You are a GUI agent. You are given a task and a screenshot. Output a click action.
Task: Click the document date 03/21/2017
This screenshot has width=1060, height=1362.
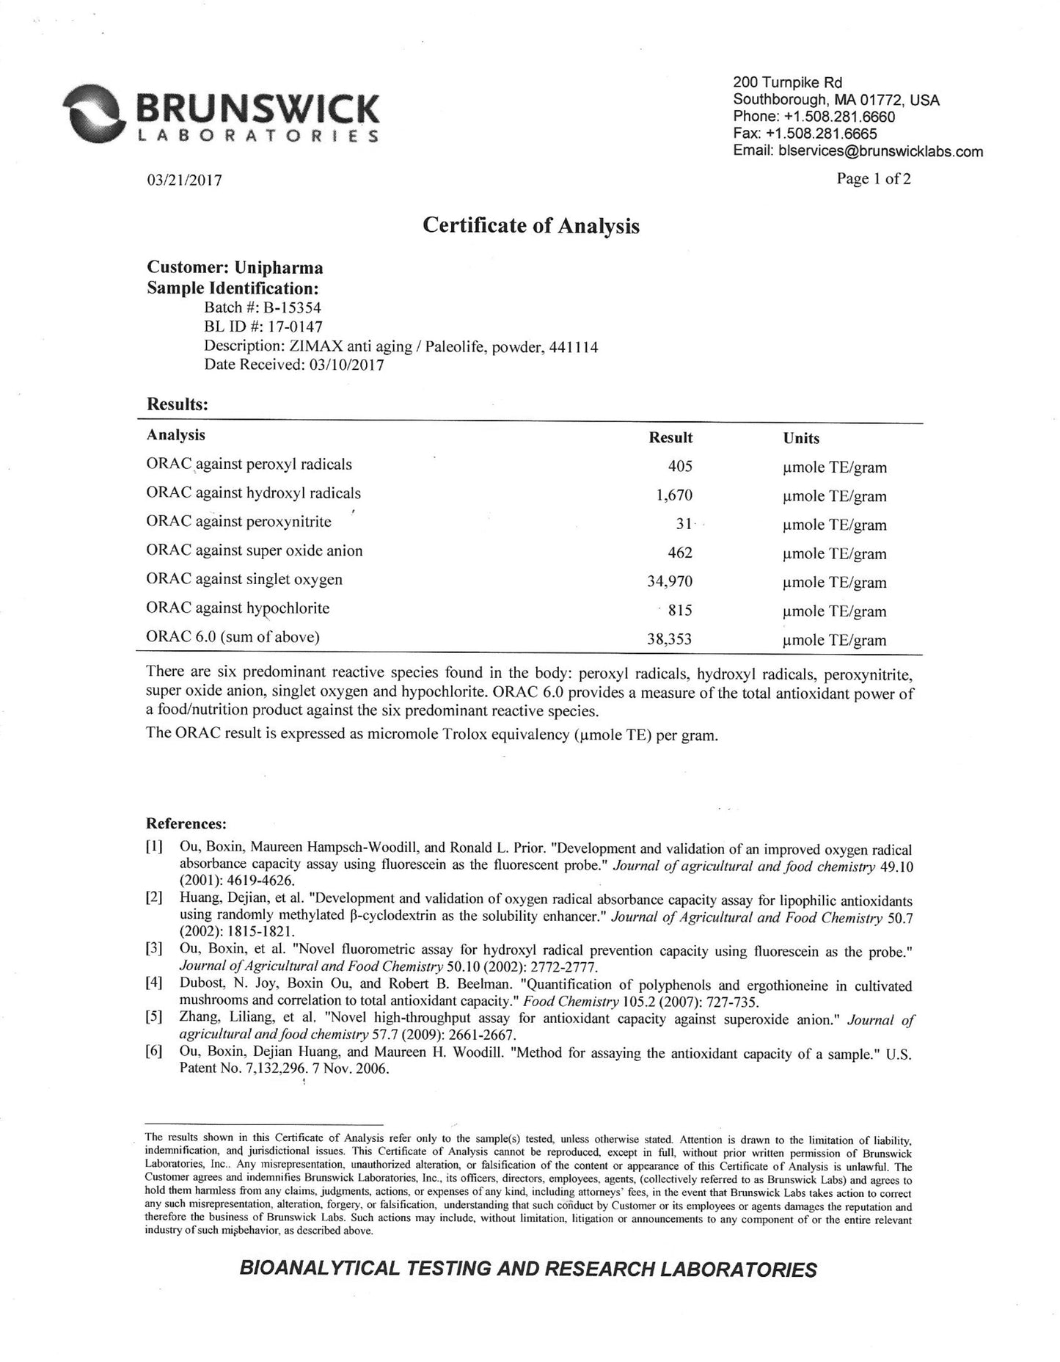pyautogui.click(x=185, y=181)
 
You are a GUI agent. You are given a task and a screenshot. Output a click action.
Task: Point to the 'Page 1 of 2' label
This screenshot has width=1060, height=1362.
pyautogui.click(x=874, y=179)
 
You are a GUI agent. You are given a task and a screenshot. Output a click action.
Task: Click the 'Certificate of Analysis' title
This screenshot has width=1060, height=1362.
pyautogui.click(x=531, y=225)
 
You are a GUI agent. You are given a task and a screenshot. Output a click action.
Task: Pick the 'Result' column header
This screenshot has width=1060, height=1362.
pyautogui.click(x=670, y=438)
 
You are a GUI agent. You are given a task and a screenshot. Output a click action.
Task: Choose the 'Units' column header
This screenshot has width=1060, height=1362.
pyautogui.click(x=801, y=438)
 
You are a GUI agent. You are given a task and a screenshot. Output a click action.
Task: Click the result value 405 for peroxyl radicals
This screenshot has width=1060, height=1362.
pyautogui.click(x=680, y=466)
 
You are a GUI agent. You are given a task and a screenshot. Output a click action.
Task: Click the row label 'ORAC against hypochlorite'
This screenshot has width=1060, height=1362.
pyautogui.click(x=238, y=608)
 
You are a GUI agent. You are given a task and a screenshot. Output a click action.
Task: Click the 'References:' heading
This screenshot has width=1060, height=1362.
pyautogui.click(x=186, y=823)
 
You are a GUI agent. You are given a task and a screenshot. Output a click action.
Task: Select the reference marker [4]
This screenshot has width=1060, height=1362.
pyautogui.click(x=153, y=985)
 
